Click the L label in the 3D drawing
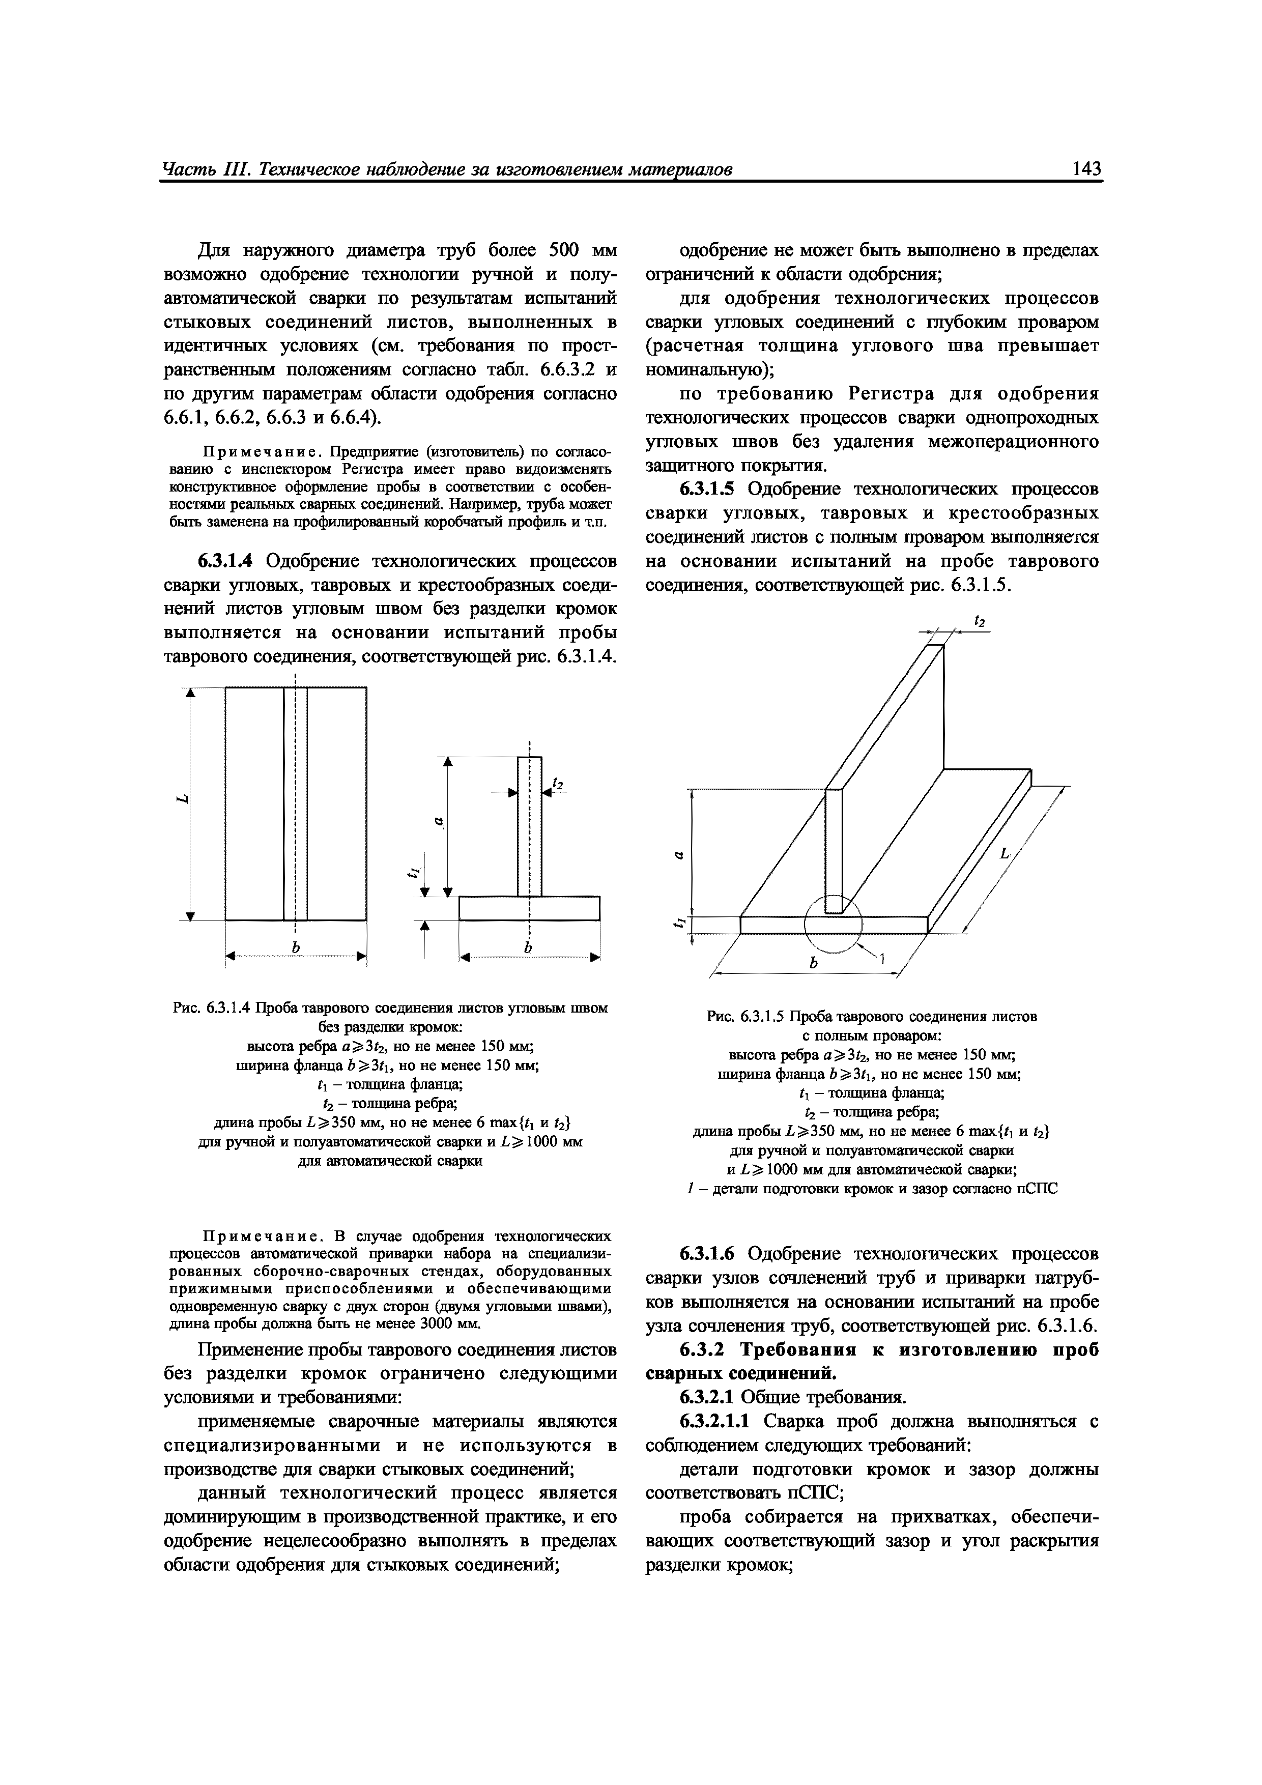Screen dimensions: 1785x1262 coord(1005,854)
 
